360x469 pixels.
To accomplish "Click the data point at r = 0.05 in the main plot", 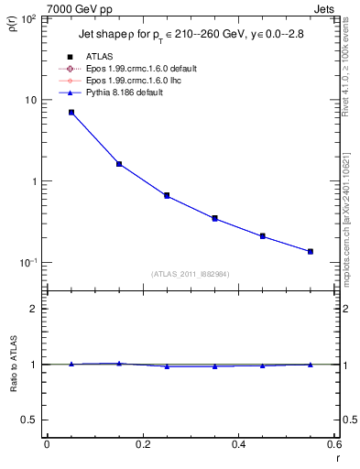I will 71,113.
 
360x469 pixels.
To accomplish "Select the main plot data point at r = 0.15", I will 119,164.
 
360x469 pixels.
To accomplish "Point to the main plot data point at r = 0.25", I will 167,195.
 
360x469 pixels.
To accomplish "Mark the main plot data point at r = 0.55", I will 311,251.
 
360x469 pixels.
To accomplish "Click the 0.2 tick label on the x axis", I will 142,445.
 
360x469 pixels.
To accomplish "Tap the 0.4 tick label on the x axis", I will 238,445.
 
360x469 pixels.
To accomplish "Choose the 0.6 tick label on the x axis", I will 333,445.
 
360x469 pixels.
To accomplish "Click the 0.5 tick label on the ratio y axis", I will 33,420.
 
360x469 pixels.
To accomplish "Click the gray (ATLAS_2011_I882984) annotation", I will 191,274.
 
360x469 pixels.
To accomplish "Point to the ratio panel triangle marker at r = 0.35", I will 215,366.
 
